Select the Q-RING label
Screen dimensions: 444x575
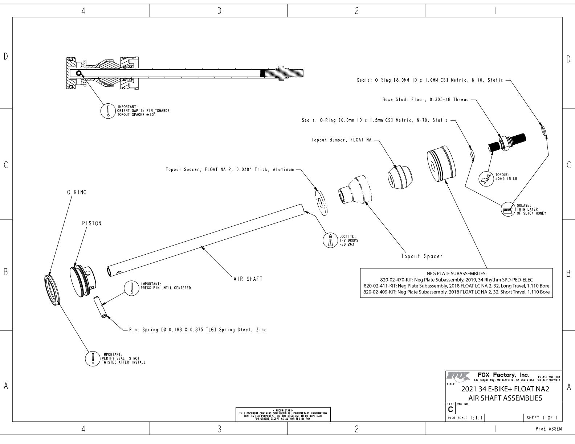pyautogui.click(x=77, y=192)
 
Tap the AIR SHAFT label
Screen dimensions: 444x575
pyautogui.click(x=248, y=279)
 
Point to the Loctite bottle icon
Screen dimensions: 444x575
pyautogui.click(x=330, y=240)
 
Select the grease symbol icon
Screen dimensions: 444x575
pyautogui.click(x=507, y=210)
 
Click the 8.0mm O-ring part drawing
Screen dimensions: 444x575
pyautogui.click(x=544, y=130)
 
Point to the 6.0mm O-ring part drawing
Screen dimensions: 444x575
pyautogui.click(x=472, y=153)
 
